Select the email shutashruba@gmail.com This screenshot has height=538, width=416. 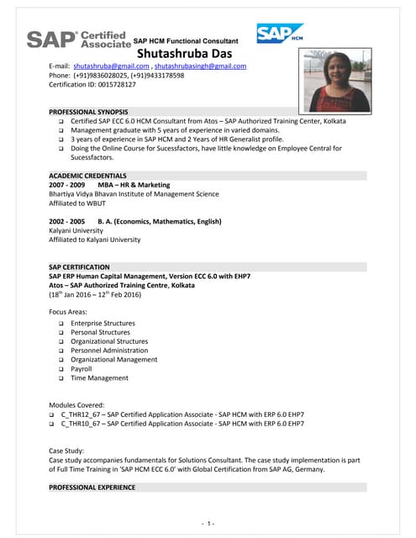tap(109, 66)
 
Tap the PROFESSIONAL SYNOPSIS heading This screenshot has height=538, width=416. tap(88, 112)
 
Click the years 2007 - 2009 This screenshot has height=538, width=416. tap(67, 184)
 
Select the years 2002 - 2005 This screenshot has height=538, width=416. tap(67, 221)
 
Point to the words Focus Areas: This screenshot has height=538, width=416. tap(71, 312)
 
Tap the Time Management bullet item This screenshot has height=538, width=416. tap(99, 377)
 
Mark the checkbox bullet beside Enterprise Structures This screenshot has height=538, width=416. tap(61, 324)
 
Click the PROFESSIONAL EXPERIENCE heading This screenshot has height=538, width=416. tap(92, 488)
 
